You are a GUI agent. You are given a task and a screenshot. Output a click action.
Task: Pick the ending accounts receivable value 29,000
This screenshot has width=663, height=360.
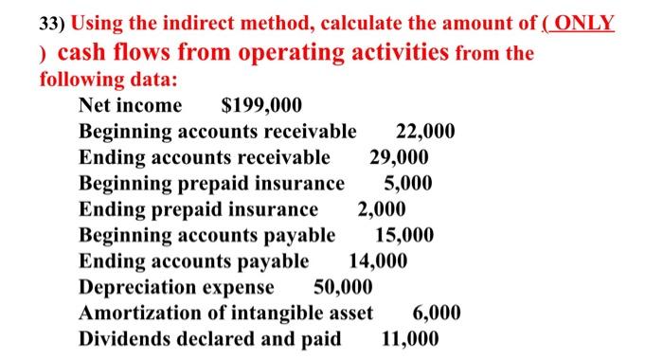coord(399,157)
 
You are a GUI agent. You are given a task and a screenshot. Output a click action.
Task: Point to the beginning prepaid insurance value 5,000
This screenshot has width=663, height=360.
coord(408,183)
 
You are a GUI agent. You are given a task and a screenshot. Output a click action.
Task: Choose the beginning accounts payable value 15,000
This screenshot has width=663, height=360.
coord(404,235)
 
